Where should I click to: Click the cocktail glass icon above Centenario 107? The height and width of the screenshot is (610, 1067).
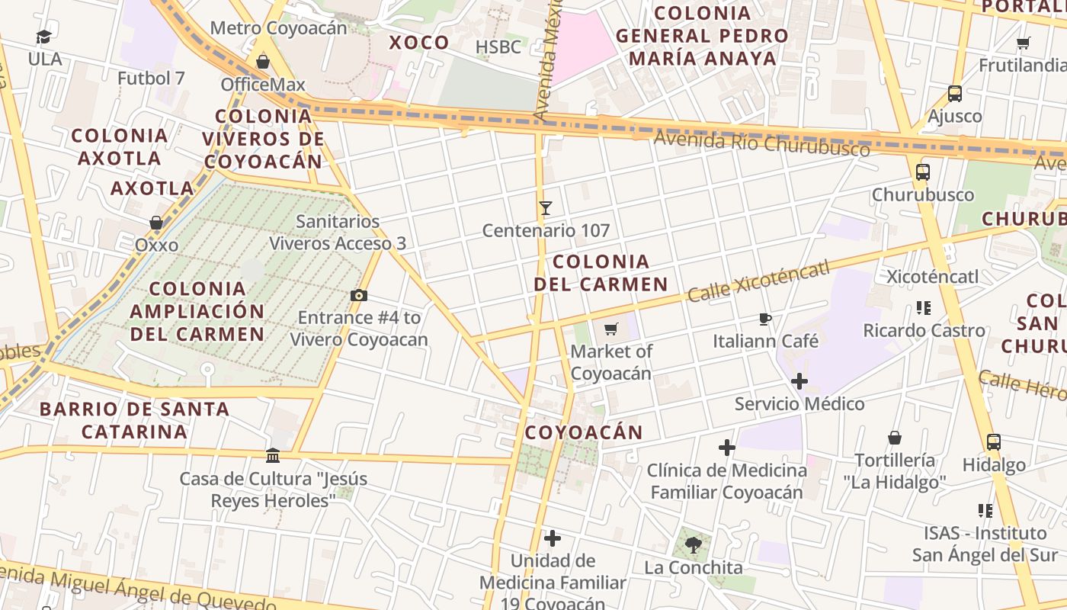(x=545, y=207)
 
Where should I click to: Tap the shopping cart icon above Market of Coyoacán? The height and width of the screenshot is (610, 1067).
(x=610, y=329)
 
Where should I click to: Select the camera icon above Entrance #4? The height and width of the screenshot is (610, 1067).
(x=359, y=295)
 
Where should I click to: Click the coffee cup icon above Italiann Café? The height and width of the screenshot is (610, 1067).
(x=765, y=319)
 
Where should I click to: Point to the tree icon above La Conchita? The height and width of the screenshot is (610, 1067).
(x=694, y=544)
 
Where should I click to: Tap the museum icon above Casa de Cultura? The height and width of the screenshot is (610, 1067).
(x=273, y=456)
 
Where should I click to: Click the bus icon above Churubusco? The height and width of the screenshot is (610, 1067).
(x=923, y=172)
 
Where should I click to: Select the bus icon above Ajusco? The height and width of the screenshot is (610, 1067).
(x=955, y=94)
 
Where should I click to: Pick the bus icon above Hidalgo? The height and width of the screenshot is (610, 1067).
(x=994, y=442)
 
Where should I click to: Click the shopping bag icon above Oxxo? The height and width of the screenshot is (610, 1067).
(x=156, y=223)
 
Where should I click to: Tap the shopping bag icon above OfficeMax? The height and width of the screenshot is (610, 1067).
(x=263, y=62)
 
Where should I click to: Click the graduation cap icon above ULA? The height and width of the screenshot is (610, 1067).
(x=44, y=37)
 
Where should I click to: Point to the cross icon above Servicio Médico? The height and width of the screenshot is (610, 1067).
(x=799, y=380)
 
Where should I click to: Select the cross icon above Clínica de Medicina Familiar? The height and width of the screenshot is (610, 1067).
(x=727, y=448)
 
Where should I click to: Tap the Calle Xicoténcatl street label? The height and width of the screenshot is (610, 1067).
(x=758, y=280)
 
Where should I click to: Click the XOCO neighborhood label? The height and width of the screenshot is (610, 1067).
(x=419, y=43)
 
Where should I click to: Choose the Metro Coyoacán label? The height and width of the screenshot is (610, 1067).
(x=278, y=28)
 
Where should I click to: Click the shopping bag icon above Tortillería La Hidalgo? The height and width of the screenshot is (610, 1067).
(x=895, y=438)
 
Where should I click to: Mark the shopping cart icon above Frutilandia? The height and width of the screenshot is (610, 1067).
(x=1024, y=43)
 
